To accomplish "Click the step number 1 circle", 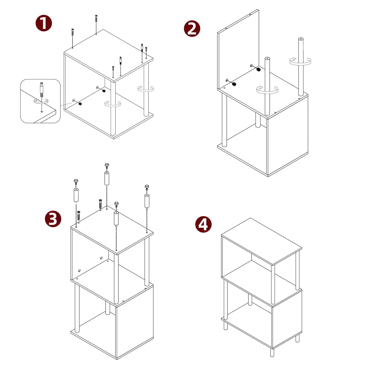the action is click(x=44, y=23).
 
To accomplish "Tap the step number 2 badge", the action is click(x=192, y=29).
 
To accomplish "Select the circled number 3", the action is click(x=53, y=219).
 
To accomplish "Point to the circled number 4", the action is click(x=203, y=224).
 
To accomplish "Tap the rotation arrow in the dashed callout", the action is click(x=41, y=101).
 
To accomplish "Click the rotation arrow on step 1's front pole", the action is click(x=113, y=104).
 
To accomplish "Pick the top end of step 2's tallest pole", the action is click(x=301, y=39).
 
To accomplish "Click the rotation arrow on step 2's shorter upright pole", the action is click(x=267, y=90).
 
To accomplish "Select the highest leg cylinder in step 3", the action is click(x=107, y=178).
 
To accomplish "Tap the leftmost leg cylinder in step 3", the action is click(x=76, y=195).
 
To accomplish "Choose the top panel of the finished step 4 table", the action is click(x=262, y=241).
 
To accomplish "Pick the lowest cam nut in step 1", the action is click(x=80, y=104).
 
